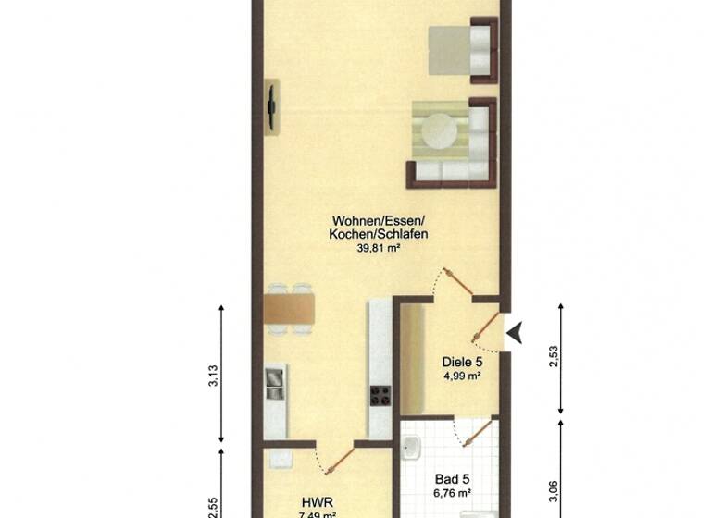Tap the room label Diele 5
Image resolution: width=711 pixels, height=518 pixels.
point(462,363)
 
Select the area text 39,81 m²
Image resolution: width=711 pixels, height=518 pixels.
point(378,248)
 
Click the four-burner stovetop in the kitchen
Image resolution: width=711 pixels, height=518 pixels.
point(380,396)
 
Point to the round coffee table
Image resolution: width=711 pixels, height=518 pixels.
point(442,131)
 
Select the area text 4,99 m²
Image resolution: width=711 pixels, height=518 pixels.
point(462,376)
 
